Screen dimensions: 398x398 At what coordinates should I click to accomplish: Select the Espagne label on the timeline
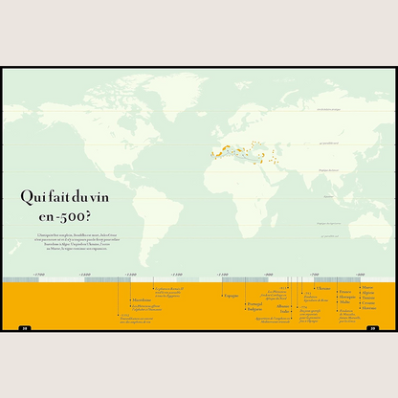tap(232, 296)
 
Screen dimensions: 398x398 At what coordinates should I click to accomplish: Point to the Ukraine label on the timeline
tap(323, 288)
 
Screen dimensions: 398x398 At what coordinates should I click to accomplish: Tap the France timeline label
tap(344, 291)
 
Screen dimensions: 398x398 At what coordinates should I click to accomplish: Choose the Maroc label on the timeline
tap(367, 286)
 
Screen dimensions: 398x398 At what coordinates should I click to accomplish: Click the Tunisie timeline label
tap(368, 298)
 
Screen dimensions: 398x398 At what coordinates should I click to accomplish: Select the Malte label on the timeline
tap(344, 302)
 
